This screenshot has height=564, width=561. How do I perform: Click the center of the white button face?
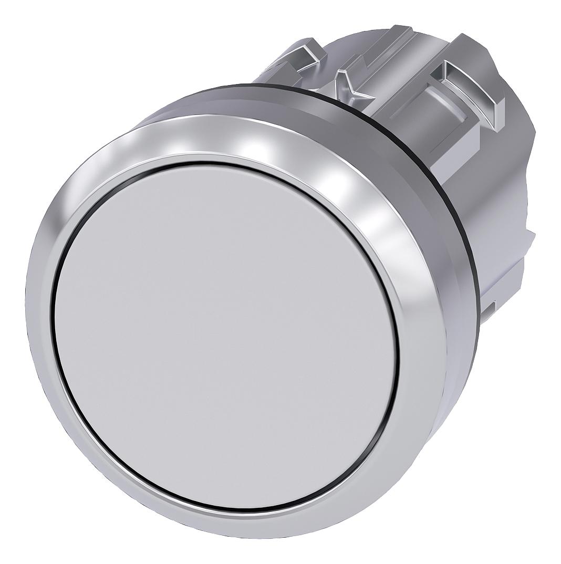click(226, 336)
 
